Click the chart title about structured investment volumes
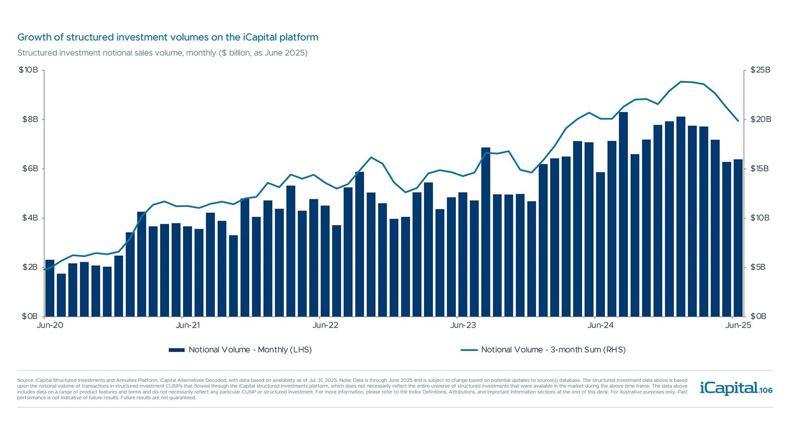[167, 37]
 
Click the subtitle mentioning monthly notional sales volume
[162, 53]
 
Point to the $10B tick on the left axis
[28, 70]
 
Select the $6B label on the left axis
[30, 169]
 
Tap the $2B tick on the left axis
[30, 267]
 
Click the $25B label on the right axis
[760, 70]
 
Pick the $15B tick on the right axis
[760, 169]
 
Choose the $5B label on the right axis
[758, 267]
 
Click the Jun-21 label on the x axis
[188, 325]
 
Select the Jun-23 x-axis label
[463, 325]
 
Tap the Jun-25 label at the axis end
[738, 325]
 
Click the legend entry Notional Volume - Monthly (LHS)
[240, 350]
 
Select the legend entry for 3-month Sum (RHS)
[543, 350]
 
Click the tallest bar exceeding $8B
[623, 214]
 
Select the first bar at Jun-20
[50, 288]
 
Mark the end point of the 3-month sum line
[738, 121]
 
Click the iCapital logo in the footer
[729, 388]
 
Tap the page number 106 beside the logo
[766, 391]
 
